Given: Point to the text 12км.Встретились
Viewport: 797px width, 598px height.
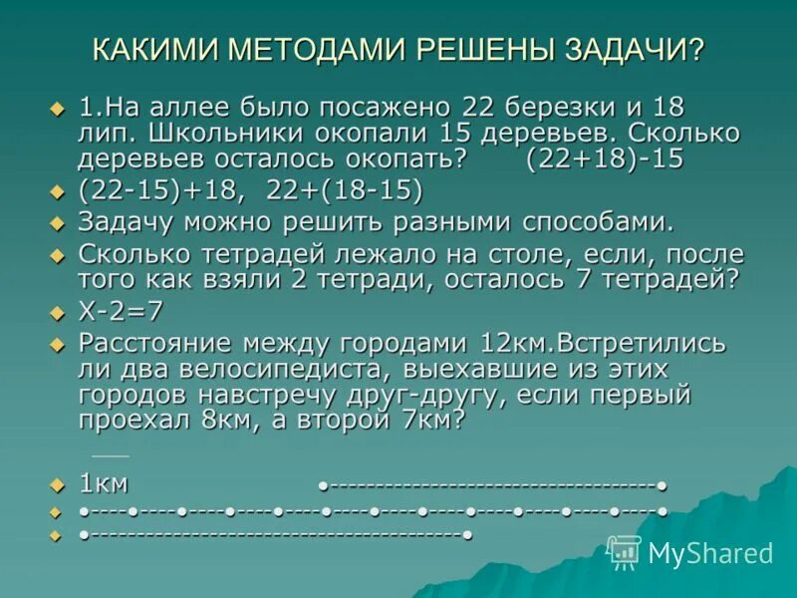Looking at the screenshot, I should coord(591,344).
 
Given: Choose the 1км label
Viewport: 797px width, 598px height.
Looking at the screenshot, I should coord(104,484).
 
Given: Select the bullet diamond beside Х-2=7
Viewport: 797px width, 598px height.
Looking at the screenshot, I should coord(56,313).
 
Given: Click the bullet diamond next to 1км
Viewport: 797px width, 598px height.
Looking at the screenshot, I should coord(56,485).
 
